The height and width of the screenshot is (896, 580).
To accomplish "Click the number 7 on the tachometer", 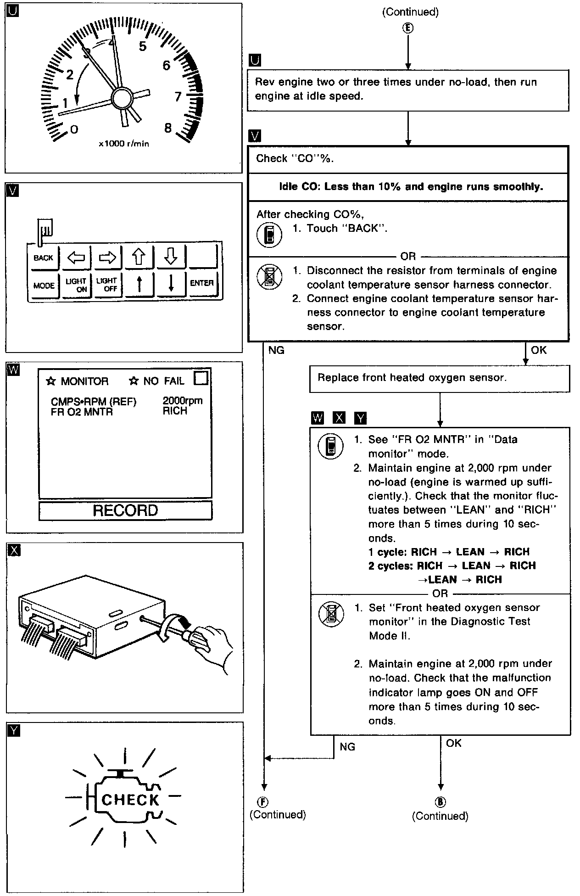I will pos(178,97).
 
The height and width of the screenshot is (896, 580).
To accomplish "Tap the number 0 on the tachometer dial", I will pos(74,129).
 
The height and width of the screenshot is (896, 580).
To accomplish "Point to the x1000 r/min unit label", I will pos(124,144).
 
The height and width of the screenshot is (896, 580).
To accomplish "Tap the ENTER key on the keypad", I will pos(201,283).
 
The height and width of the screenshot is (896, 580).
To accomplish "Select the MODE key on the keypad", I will pos(44,286).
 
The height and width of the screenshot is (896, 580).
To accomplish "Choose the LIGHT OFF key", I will pos(107,285).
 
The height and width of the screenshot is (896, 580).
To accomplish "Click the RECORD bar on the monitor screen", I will pos(125,510).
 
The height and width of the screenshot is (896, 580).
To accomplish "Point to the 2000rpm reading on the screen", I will pos(182,401).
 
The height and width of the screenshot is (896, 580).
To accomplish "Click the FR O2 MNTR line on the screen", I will pos(82,412).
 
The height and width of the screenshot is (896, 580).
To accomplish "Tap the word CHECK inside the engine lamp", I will pos(130,800).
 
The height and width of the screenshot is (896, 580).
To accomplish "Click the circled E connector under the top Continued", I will pos(408,28).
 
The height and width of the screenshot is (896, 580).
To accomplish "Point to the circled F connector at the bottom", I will pos(263,802).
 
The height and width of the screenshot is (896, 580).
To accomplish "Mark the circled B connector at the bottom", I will pos(440,802).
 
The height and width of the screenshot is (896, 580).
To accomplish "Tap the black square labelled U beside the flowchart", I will pos(254,61).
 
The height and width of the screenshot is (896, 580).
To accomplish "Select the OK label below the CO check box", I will pos(539,350).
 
